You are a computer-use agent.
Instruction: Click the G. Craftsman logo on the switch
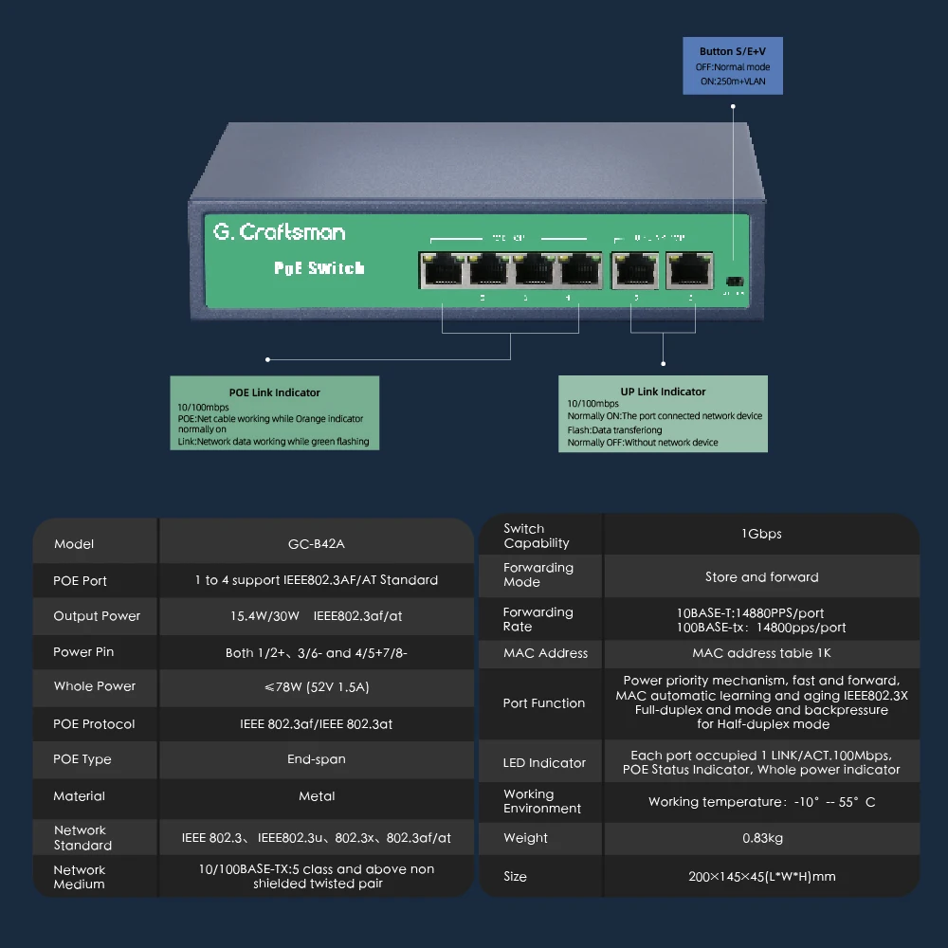click(279, 232)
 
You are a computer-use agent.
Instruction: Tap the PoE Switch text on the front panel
click(319, 268)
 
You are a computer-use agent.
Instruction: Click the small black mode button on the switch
click(733, 282)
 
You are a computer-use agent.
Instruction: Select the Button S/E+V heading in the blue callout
click(733, 51)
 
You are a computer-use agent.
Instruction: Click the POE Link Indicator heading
click(274, 392)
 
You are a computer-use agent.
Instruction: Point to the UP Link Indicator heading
click(663, 392)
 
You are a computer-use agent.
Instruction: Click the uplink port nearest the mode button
click(689, 270)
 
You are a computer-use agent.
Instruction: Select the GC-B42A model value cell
click(317, 544)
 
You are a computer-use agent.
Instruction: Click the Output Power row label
click(97, 616)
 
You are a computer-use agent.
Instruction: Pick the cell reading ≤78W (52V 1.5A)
click(317, 687)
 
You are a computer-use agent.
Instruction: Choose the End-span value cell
click(317, 759)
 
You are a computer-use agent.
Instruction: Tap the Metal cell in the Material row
click(317, 796)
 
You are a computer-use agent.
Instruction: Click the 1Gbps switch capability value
click(761, 535)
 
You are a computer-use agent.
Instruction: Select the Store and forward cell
click(761, 577)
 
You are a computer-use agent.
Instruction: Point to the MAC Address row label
click(545, 653)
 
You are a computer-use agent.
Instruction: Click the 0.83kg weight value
click(761, 838)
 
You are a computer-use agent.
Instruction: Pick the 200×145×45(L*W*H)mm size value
click(761, 877)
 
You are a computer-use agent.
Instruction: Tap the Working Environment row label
click(542, 802)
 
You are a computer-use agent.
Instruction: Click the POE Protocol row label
click(94, 724)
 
